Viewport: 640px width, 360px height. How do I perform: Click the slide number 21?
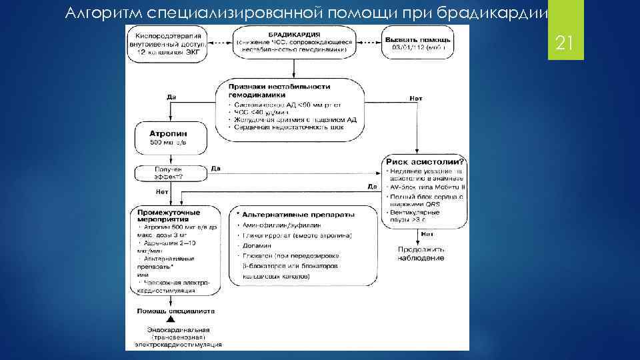pyautogui.click(x=565, y=45)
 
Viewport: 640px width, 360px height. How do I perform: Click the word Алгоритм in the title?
pyautogui.click(x=99, y=12)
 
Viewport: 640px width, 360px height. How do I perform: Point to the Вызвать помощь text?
pyautogui.click(x=415, y=39)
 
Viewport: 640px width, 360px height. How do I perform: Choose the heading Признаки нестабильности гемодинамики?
pyautogui.click(x=279, y=91)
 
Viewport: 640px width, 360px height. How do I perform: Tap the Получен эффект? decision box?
pyautogui.click(x=168, y=173)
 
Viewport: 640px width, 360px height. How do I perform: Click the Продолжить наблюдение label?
pyautogui.click(x=421, y=253)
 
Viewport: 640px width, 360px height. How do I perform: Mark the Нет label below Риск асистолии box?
pyautogui.click(x=427, y=235)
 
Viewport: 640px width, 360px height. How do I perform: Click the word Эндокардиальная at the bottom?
pyautogui.click(x=178, y=330)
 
